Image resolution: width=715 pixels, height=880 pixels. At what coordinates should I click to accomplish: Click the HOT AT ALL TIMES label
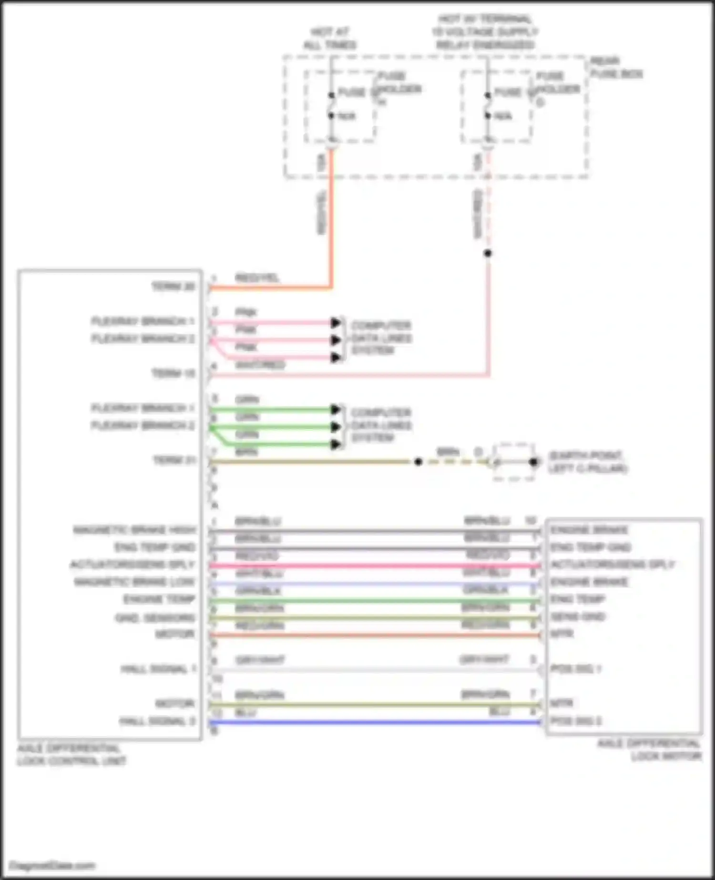(x=330, y=39)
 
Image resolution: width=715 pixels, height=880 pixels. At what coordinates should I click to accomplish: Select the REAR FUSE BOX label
(x=616, y=67)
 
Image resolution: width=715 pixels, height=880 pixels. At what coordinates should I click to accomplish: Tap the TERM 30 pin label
(x=173, y=286)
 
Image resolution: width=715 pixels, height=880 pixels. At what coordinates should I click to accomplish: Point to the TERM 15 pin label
(x=173, y=373)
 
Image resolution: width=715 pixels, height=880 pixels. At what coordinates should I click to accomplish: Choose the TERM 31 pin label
(x=174, y=460)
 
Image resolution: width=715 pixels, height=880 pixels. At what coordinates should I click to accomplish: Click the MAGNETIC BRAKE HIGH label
(x=134, y=530)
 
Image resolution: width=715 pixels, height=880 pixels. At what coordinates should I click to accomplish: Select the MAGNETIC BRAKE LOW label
(x=134, y=582)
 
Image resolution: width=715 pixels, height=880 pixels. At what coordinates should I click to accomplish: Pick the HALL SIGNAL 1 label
(x=158, y=669)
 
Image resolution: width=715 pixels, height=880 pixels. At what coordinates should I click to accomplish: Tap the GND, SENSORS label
(x=155, y=618)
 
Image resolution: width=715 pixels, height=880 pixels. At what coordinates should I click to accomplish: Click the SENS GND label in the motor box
(x=577, y=617)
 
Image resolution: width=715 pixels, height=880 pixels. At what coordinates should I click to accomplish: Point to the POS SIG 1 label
(x=575, y=669)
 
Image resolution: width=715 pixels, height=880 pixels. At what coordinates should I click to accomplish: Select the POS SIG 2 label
(x=575, y=721)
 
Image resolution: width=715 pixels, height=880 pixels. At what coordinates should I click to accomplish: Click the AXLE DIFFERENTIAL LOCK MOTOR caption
(x=649, y=750)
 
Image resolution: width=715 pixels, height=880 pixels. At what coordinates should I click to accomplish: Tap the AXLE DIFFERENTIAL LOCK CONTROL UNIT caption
(x=71, y=755)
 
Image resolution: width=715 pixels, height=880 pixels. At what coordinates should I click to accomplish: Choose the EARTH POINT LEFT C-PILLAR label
(x=587, y=462)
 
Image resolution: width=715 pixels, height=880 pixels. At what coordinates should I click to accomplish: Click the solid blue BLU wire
(x=377, y=723)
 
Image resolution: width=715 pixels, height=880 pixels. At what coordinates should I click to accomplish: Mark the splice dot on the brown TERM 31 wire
(x=418, y=461)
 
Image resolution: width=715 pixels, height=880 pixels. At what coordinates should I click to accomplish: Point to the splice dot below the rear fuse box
(x=487, y=253)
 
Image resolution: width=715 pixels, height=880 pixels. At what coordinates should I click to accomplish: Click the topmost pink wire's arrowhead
(x=336, y=323)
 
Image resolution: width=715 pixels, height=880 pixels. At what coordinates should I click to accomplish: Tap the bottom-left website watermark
(x=52, y=865)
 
